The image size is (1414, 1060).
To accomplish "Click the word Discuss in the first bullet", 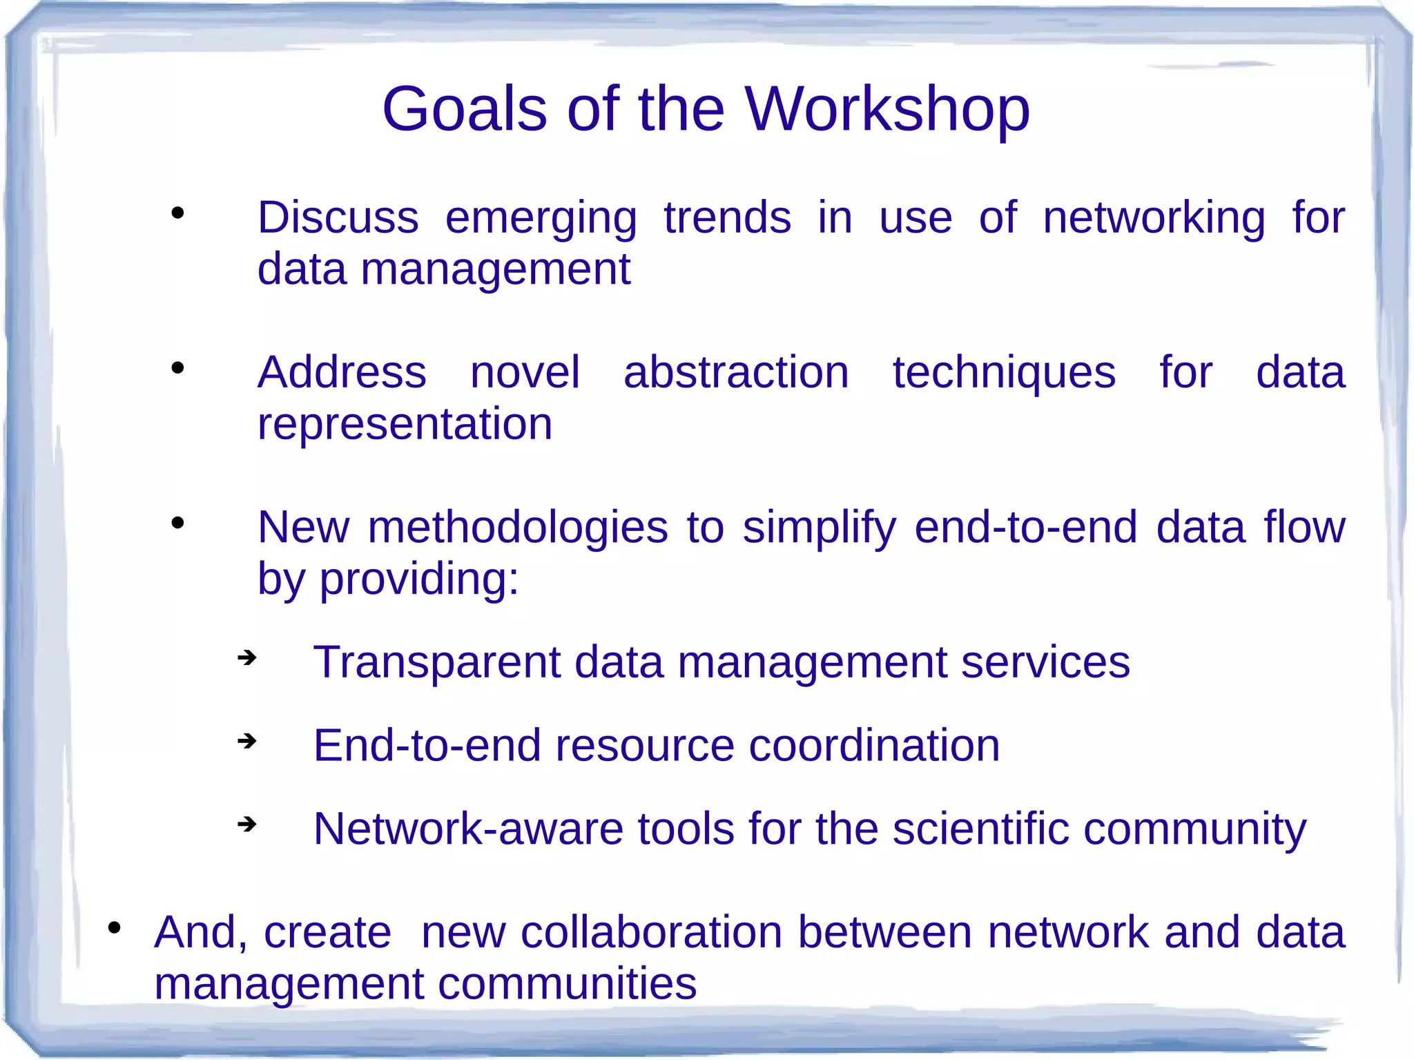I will [x=338, y=218].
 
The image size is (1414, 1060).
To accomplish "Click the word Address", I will [x=342, y=373].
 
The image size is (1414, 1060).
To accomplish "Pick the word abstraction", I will [x=736, y=373].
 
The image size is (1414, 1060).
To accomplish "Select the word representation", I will [x=405, y=424].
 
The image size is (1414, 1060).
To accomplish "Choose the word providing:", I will [x=418, y=580].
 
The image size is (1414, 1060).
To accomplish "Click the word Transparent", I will [x=436, y=663].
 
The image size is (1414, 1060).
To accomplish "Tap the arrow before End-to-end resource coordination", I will [x=246, y=742].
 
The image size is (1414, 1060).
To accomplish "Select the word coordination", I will [x=874, y=746].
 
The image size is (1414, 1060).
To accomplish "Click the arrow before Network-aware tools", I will [x=246, y=824].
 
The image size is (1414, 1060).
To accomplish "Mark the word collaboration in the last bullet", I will [x=651, y=932].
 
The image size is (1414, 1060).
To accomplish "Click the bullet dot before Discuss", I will [x=178, y=213].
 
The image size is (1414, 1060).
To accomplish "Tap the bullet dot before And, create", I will [x=115, y=927].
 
